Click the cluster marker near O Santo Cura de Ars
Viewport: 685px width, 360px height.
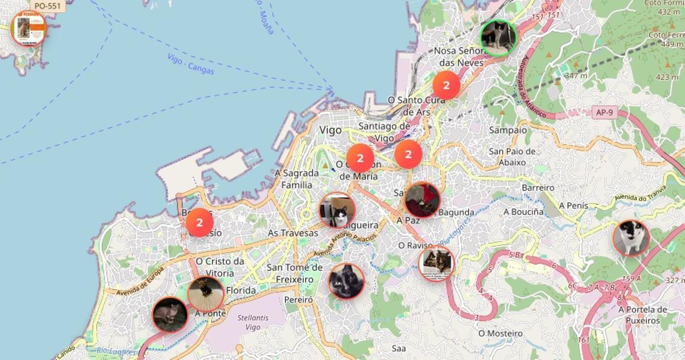[446, 86]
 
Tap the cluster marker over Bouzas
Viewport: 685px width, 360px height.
[199, 223]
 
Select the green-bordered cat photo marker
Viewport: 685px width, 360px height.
[498, 38]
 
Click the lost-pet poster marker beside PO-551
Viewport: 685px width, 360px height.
[28, 29]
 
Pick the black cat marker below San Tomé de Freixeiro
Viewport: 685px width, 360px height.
[346, 281]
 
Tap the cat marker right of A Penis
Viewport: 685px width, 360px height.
[631, 237]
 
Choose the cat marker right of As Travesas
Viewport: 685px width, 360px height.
[337, 210]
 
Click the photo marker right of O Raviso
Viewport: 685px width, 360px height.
[437, 263]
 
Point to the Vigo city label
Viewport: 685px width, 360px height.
[331, 130]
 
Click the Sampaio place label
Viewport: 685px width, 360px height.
[507, 130]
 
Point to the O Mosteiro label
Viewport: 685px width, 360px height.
[500, 333]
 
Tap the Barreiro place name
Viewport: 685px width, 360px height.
[538, 187]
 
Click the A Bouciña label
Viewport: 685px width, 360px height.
[523, 212]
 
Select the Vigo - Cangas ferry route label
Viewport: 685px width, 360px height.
[191, 64]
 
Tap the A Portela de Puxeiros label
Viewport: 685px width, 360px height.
[642, 315]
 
